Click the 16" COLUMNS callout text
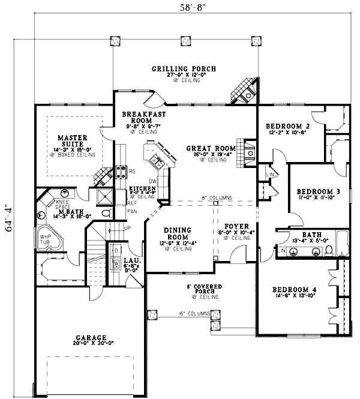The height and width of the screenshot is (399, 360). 193,314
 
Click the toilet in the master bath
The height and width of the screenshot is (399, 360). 106,213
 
